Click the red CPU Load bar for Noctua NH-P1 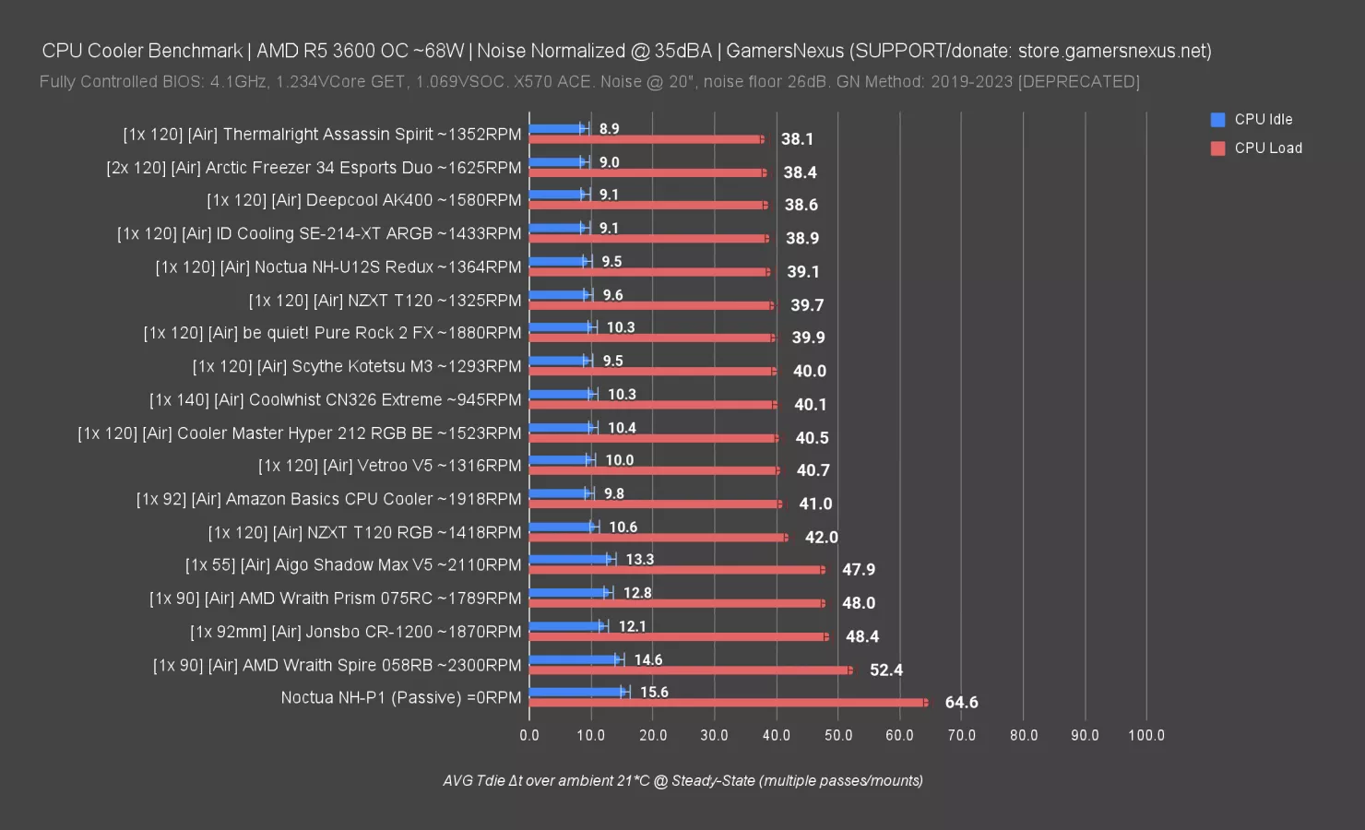(729, 703)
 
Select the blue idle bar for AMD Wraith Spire (574, 659)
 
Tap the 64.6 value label (961, 703)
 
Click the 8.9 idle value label (609, 129)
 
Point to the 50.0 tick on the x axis (838, 735)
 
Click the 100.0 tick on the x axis (1146, 735)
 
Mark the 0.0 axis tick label (529, 735)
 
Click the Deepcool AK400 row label (363, 200)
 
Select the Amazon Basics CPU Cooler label (328, 499)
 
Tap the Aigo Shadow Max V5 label (353, 565)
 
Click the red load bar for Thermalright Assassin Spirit (646, 139)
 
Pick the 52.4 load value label (886, 670)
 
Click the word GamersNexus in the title (785, 51)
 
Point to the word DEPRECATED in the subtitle (1078, 82)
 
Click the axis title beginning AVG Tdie (682, 781)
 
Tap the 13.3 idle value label (639, 560)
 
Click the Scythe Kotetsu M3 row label (357, 366)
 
